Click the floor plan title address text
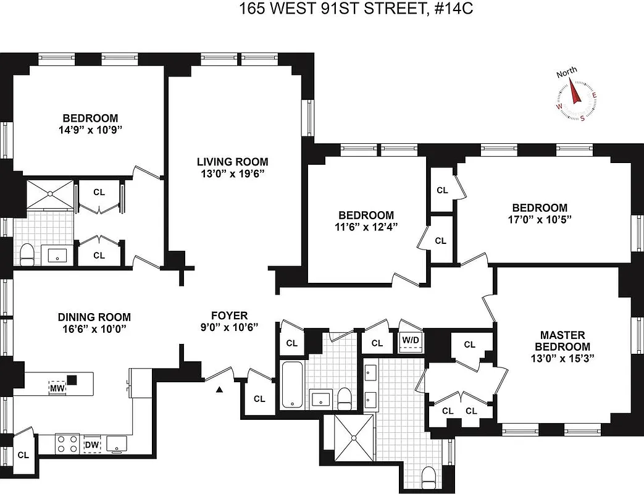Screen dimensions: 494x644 click(322, 9)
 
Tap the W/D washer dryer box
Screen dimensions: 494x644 click(409, 341)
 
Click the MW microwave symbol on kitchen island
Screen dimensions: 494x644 click(57, 388)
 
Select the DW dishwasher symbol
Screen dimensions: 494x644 click(91, 445)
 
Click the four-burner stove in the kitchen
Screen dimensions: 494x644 click(67, 444)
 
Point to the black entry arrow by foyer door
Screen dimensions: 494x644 click(219, 390)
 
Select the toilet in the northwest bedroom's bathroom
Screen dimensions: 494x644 click(27, 253)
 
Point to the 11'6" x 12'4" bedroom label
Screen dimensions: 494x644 click(366, 220)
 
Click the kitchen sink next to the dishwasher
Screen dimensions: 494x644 click(116, 443)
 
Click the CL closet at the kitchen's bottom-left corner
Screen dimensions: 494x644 click(23, 454)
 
